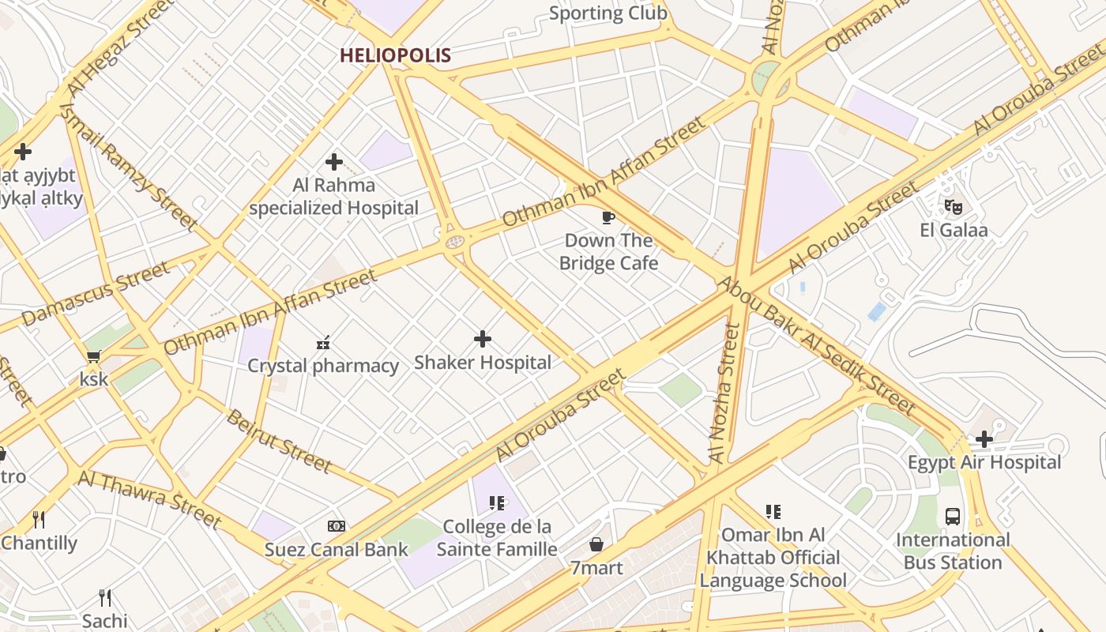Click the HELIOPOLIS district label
(395, 55)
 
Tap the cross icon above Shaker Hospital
(483, 340)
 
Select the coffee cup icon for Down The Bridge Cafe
(608, 217)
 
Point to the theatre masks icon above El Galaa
(954, 207)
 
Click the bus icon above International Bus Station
(953, 517)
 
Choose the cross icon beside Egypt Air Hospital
(984, 439)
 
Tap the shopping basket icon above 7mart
(596, 544)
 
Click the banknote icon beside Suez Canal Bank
(337, 526)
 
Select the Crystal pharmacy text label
(323, 366)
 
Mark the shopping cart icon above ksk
(94, 356)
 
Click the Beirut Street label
(278, 441)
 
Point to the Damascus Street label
(96, 293)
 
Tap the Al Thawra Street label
(149, 498)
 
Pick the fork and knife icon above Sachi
(105, 597)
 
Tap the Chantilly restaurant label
(39, 543)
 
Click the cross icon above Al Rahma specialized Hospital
(334, 162)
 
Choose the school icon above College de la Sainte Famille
(496, 503)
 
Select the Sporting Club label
(608, 13)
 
